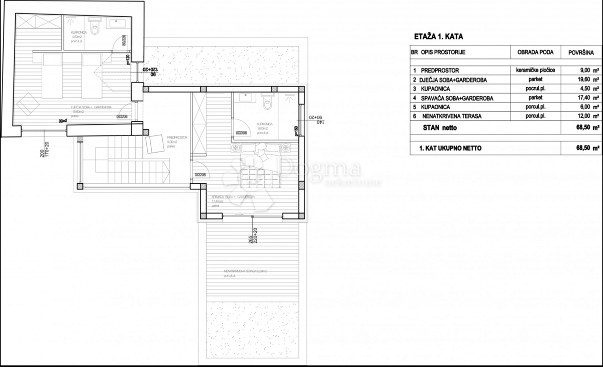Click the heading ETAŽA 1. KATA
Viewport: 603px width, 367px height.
tap(439, 37)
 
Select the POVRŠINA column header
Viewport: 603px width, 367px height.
tap(581, 52)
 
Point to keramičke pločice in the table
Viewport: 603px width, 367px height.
tap(535, 70)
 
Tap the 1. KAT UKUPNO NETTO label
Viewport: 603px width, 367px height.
tap(451, 149)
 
